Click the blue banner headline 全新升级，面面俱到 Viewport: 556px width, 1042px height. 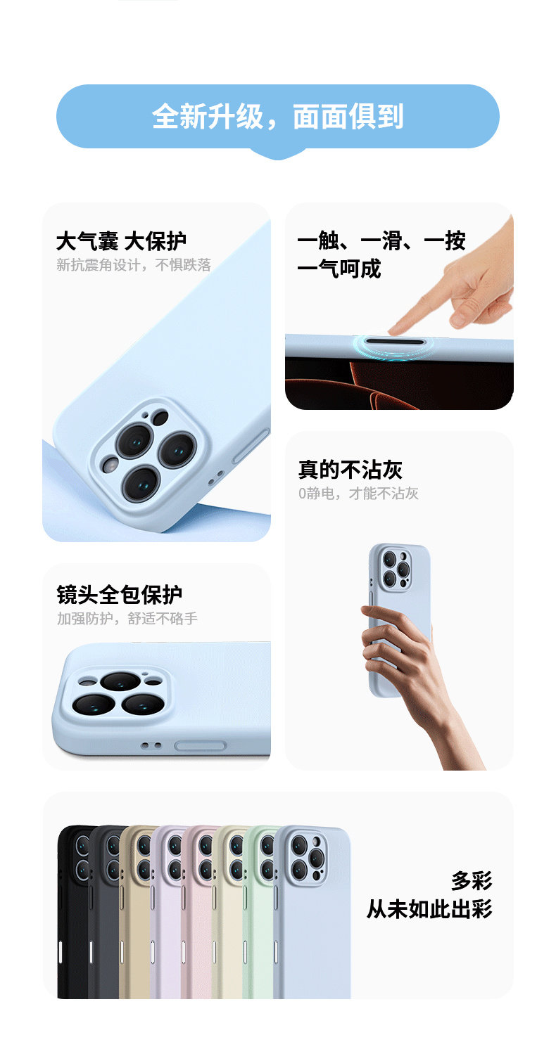277,116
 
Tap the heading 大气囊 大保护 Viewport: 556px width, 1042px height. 121,241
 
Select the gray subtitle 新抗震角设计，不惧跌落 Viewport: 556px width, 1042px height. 134,265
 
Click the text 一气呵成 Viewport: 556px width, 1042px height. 339,269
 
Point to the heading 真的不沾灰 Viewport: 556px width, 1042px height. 350,470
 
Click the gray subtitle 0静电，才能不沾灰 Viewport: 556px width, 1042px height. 358,493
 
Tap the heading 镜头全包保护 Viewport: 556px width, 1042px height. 119,595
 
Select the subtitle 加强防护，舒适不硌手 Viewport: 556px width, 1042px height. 127,619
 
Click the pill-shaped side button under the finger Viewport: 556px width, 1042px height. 395,342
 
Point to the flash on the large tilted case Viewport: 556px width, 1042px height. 110,465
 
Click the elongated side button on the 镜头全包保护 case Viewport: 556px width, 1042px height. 201,746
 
